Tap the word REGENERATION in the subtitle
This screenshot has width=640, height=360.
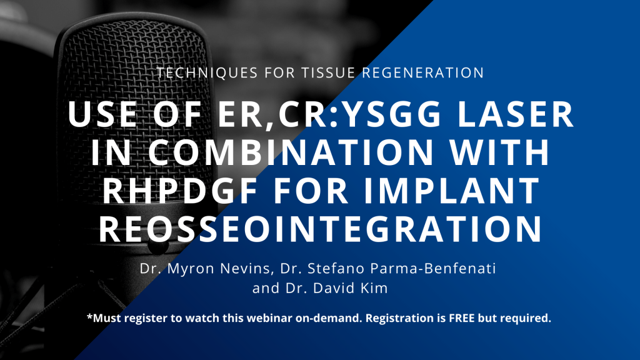[423, 72]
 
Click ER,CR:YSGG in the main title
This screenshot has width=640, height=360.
[329, 116]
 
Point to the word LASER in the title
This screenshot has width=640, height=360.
[516, 114]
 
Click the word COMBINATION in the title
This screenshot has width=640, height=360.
[290, 152]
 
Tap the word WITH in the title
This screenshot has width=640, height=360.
[499, 152]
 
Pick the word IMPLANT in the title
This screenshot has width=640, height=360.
[452, 190]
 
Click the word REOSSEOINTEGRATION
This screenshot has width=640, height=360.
[321, 229]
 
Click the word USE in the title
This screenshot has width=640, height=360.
[102, 114]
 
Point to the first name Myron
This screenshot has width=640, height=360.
[191, 269]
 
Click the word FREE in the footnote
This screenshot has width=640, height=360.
[462, 318]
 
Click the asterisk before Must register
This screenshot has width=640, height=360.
[89, 316]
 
